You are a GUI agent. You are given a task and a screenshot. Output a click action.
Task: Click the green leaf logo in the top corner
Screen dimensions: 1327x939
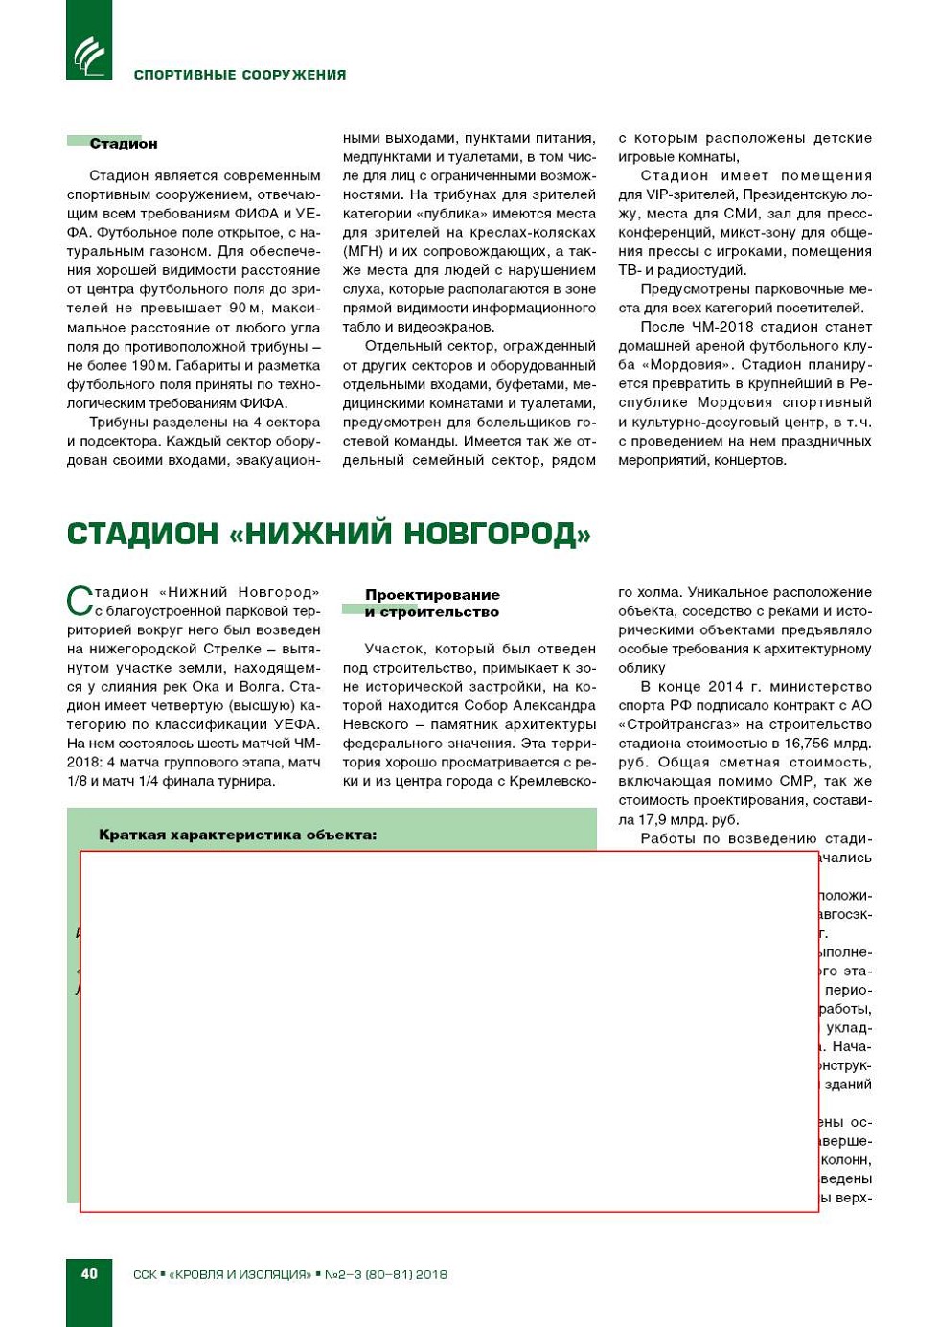89,55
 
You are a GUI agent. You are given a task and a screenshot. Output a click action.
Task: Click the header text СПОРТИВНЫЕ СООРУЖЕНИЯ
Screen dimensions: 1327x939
240,75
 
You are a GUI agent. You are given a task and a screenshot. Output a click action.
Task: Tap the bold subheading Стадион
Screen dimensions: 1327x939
123,144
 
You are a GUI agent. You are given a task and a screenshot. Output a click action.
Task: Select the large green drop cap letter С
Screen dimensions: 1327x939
80,602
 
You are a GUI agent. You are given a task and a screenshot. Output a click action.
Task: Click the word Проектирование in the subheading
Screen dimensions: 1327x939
432,595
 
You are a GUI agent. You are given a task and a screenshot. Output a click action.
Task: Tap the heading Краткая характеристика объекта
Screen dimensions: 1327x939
238,835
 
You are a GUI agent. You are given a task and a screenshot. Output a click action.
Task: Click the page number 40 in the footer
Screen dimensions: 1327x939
89,1273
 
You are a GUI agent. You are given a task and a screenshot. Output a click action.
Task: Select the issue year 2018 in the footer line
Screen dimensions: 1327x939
430,1274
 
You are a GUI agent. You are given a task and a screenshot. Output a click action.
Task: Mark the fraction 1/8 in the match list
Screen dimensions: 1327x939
79,781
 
